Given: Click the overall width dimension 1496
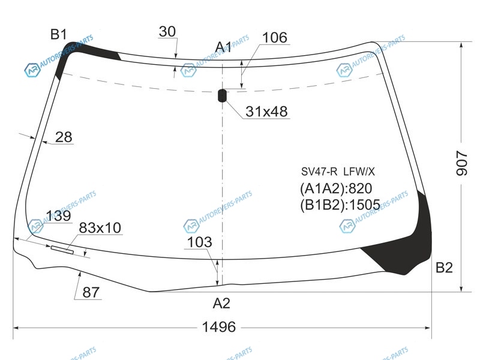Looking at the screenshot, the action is point(219,327).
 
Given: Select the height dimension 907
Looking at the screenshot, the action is point(462,163).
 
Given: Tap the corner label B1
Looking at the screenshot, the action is point(58,34).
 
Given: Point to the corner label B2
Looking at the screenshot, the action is point(444,268).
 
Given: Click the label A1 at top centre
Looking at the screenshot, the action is point(223,47).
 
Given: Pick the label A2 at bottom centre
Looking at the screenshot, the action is point(221,304).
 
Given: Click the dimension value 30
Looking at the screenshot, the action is point(167,32).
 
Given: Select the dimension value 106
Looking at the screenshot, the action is point(275,38).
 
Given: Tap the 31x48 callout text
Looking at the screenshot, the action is point(266,112).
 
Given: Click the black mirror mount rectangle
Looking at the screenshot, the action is point(222,95).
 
